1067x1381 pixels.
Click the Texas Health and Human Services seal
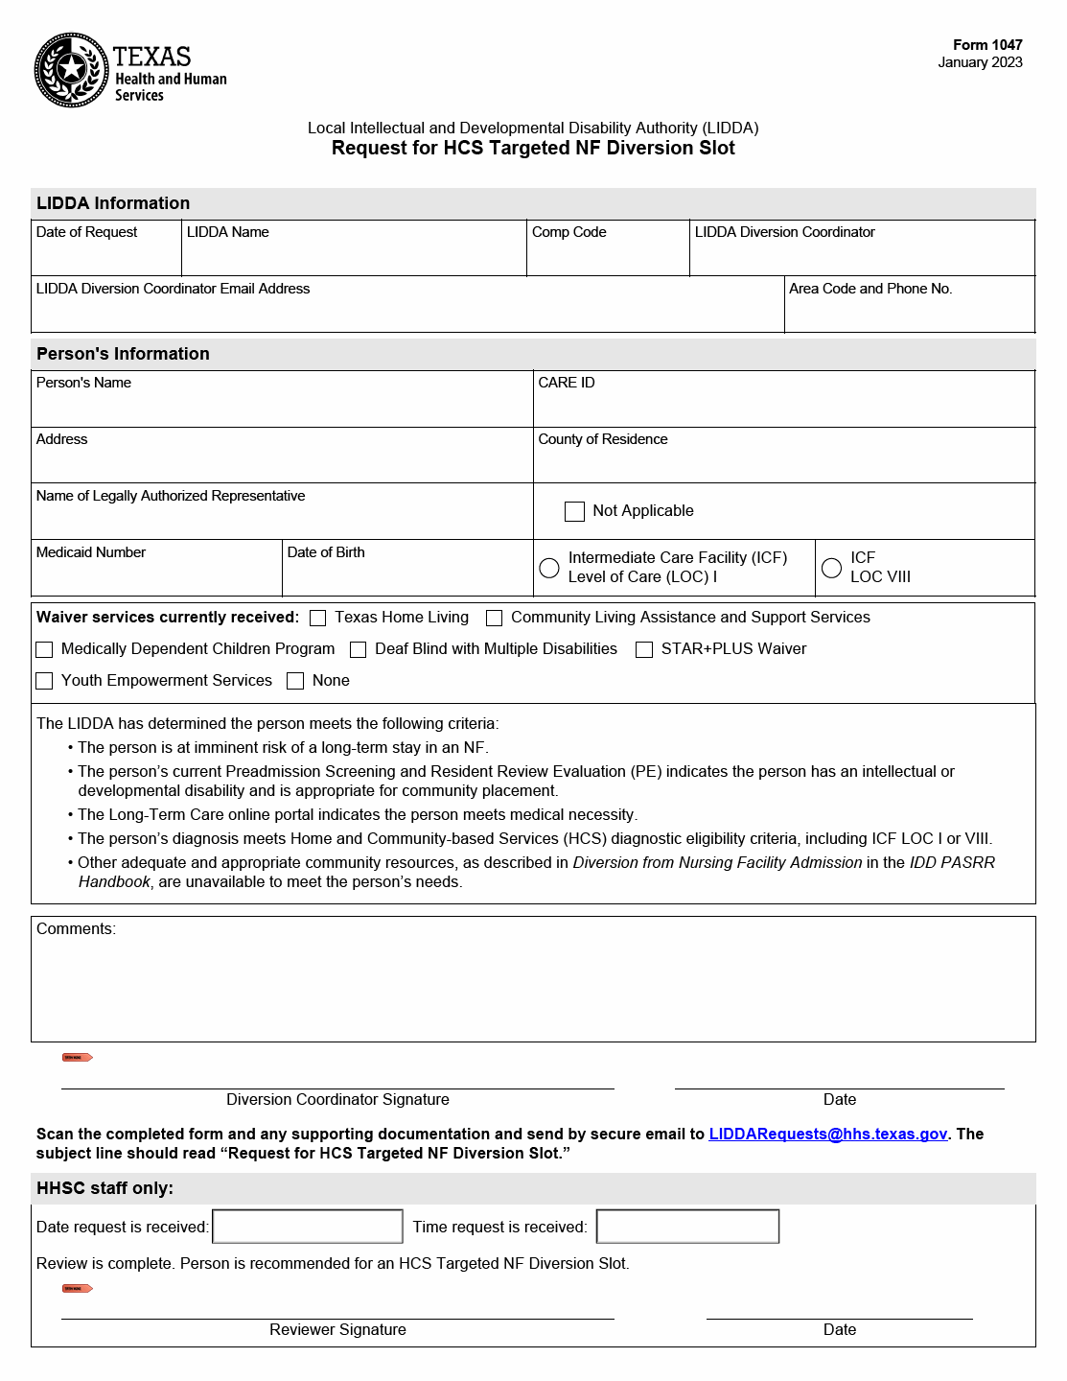71,70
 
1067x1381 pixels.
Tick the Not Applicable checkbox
574,511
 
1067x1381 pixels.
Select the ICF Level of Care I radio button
549,568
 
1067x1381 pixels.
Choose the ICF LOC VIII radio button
832,568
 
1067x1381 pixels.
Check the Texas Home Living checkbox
318,619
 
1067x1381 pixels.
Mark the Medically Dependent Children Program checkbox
44,650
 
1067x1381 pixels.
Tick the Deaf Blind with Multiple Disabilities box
359,650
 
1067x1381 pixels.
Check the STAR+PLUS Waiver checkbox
644,650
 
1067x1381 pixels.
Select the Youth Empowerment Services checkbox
44,681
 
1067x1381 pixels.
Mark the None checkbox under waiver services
295,681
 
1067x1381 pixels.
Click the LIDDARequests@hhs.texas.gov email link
827,1134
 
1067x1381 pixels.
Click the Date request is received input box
307,1227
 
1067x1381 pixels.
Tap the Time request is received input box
687,1227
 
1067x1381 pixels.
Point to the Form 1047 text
986,45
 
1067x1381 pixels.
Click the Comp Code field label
568,232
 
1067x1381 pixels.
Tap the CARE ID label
566,383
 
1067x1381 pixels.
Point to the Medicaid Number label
90,552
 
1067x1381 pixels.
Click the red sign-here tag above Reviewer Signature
77,1288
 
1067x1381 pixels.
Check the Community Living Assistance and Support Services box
495,619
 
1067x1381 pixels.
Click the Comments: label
76,929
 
